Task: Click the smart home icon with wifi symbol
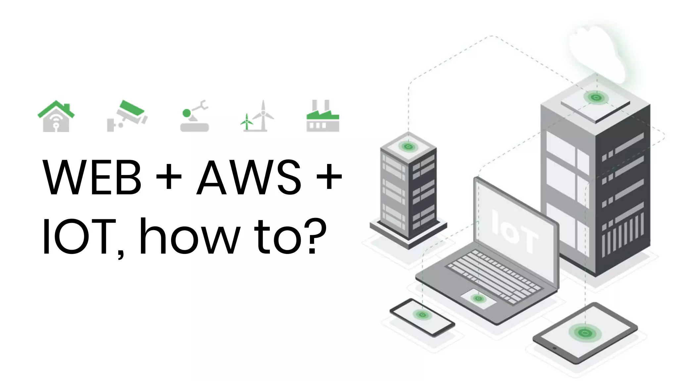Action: [56, 116]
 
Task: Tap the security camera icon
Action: [127, 116]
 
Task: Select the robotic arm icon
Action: [195, 116]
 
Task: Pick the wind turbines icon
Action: [258, 116]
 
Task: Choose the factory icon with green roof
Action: [323, 116]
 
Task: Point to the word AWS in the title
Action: [248, 177]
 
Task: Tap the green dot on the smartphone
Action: [422, 315]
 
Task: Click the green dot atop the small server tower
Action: [408, 146]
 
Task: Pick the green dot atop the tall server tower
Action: [596, 98]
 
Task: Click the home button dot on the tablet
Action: [555, 348]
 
